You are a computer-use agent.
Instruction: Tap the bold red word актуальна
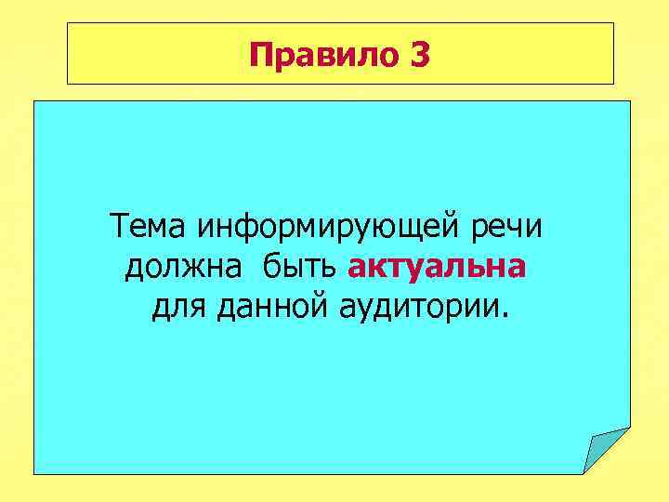[437, 268]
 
